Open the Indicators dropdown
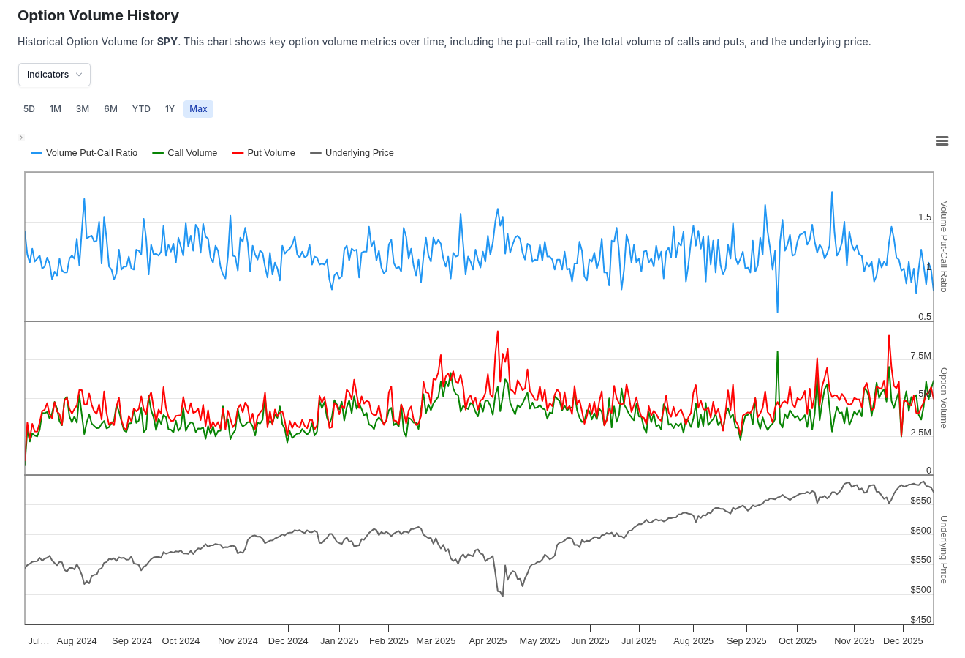coord(54,75)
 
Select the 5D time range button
coord(29,109)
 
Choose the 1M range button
coord(56,109)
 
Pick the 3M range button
coord(83,109)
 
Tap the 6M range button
coord(110,109)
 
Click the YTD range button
coord(141,109)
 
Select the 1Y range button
coord(170,109)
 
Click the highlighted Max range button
coord(198,109)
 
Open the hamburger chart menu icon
coord(942,141)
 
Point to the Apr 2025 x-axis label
coord(488,641)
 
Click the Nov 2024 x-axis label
coord(238,641)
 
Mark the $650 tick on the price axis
coord(920,501)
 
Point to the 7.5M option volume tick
coord(920,356)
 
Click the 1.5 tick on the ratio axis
coord(925,217)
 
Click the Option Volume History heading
coord(98,15)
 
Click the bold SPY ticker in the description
coord(167,42)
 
